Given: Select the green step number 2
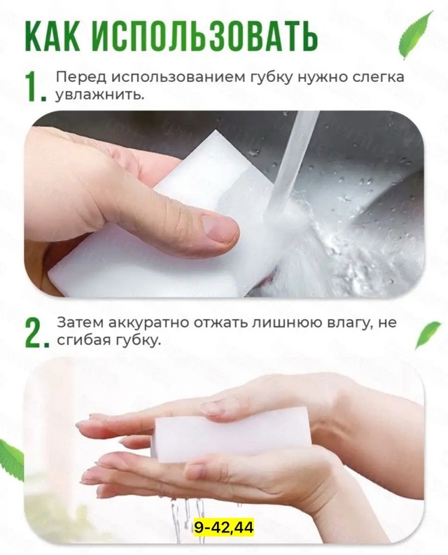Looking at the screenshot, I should point(35,333).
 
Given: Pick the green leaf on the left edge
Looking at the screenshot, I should point(10,458).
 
